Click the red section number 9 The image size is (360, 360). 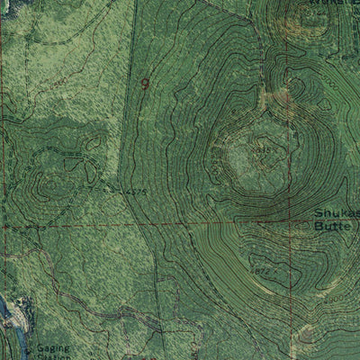pos(145,82)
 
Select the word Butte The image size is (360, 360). pos(331,227)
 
